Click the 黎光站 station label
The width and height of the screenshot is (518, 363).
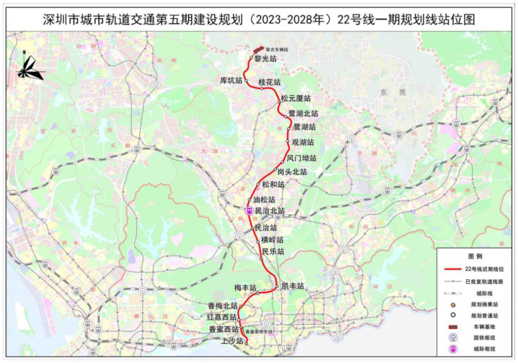coord(266,59)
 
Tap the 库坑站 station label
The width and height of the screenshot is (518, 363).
coord(231,80)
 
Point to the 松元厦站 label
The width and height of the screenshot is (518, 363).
coord(296,98)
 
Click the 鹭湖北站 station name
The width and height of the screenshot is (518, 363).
coord(303,113)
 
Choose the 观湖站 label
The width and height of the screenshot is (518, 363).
coord(303,142)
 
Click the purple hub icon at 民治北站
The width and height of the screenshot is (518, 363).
coord(249,211)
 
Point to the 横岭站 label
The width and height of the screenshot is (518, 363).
coord(272,240)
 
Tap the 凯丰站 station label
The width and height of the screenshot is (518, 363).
coord(293,286)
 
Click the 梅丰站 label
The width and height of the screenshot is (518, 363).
coord(246,287)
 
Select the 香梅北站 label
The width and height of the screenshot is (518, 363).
coord(223,306)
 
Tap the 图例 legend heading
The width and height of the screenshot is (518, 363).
coord(475,256)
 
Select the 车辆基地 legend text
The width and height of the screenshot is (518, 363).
coord(483,327)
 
